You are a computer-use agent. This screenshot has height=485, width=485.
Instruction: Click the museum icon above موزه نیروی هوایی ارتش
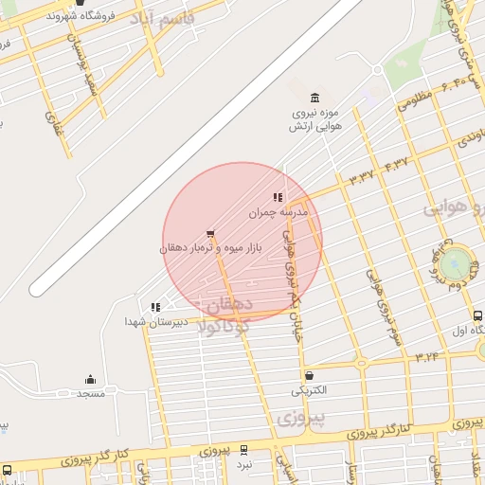point(314,98)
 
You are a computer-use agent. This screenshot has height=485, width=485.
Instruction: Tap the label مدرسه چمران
point(279,213)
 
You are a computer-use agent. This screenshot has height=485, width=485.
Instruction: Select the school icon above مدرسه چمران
point(278,198)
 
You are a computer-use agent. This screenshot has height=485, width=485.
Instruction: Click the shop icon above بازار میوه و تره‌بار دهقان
point(210,234)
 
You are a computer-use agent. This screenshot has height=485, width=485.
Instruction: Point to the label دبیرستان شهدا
point(156,322)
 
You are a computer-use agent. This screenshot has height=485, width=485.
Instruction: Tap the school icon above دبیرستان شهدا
point(155,306)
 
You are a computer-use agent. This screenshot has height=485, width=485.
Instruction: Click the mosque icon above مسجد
point(91,379)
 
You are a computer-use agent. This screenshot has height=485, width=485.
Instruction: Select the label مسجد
point(91,392)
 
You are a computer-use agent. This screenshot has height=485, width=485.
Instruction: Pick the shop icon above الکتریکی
point(310,376)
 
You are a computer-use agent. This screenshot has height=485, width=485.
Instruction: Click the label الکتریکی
point(310,390)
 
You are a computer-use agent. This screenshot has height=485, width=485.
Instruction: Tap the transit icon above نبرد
point(244,450)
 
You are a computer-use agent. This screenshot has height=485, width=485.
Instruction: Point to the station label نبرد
point(244,464)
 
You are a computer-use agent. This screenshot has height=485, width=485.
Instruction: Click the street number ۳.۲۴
point(428,357)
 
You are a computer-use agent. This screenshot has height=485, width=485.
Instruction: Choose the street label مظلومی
point(416,98)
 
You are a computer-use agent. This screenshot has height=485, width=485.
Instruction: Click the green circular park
point(455,261)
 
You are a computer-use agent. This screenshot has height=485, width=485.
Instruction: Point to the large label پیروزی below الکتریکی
point(302,416)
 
